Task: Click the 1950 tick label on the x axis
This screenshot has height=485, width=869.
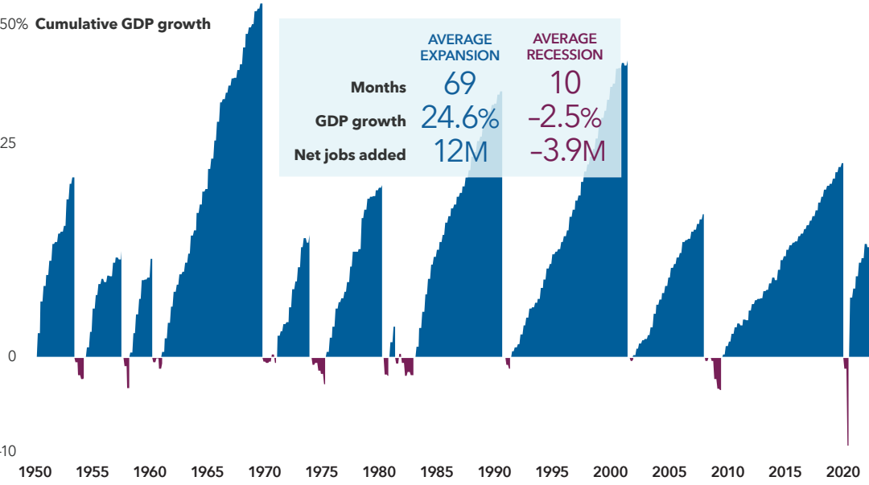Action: (37, 472)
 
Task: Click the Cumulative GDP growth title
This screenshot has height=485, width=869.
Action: (122, 24)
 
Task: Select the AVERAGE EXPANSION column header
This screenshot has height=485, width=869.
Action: (459, 47)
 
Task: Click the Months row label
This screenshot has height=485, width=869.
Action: (378, 88)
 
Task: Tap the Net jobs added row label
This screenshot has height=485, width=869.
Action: (350, 154)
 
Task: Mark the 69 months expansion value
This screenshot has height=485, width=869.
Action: (459, 84)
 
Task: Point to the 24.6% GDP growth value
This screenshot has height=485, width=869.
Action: (459, 119)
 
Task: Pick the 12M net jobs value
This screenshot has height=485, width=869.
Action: (459, 152)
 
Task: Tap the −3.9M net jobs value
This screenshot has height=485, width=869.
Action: (566, 152)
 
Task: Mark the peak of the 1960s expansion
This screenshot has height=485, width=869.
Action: (260, 8)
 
